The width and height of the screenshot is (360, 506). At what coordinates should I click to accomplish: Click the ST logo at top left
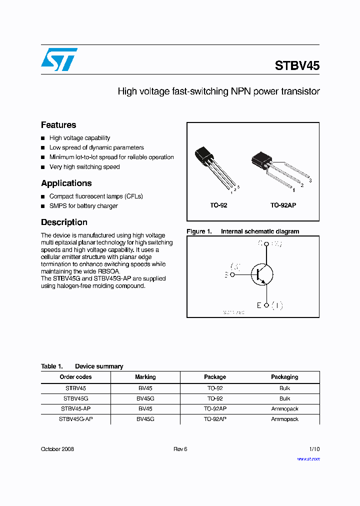(x=59, y=59)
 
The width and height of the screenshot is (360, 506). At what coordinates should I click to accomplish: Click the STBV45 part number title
(x=297, y=66)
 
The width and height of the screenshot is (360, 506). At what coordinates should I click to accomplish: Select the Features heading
(x=58, y=125)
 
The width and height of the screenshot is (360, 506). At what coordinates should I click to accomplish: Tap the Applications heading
(x=66, y=183)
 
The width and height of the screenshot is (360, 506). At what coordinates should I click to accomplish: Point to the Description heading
(x=64, y=222)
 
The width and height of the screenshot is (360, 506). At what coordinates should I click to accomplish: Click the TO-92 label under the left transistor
(x=218, y=205)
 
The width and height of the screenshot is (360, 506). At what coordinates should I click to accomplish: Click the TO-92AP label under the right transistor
(x=283, y=205)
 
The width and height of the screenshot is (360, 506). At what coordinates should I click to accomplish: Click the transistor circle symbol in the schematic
(x=261, y=274)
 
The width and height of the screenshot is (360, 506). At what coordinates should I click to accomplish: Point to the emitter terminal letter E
(x=259, y=305)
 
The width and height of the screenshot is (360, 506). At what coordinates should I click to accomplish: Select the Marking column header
(x=145, y=377)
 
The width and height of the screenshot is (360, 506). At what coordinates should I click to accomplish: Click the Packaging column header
(x=284, y=377)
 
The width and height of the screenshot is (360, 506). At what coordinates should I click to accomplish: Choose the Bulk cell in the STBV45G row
(x=284, y=398)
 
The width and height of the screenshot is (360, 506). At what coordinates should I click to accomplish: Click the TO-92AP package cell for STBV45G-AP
(x=215, y=419)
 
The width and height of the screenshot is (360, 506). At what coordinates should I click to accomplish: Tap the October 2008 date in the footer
(x=57, y=449)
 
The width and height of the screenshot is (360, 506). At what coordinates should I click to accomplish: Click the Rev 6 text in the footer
(x=180, y=449)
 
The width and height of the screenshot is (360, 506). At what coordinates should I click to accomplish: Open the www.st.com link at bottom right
(x=308, y=458)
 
